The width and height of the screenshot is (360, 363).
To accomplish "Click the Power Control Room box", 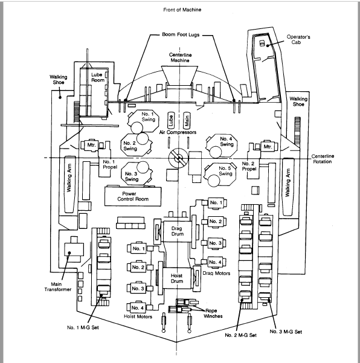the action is tap(133, 196).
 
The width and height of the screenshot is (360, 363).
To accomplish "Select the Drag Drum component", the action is tap(178, 231).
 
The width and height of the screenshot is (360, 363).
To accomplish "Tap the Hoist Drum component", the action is tap(177, 278).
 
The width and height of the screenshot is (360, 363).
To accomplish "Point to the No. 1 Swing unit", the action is tap(144, 121).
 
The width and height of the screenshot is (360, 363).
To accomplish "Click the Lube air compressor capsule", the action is tap(171, 120).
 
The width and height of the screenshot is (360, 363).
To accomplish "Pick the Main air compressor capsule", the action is tap(187, 120).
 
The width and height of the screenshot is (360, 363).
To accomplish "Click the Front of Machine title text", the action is tap(182, 10).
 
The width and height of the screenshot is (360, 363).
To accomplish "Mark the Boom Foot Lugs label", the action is tap(181, 34).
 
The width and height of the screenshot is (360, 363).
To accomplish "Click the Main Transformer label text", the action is tap(58, 287).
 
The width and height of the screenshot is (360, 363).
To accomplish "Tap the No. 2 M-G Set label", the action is tap(241, 335).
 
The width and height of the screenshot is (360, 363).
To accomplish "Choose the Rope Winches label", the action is tap(213, 313).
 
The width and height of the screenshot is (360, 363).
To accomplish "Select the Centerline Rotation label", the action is tap(323, 159).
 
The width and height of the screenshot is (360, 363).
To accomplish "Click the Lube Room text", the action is tap(98, 77).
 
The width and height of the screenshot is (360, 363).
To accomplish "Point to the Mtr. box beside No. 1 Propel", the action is tap(91, 146).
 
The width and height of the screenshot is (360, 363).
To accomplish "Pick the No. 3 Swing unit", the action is tap(137, 173).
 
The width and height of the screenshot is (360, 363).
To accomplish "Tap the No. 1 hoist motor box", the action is tap(137, 248).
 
